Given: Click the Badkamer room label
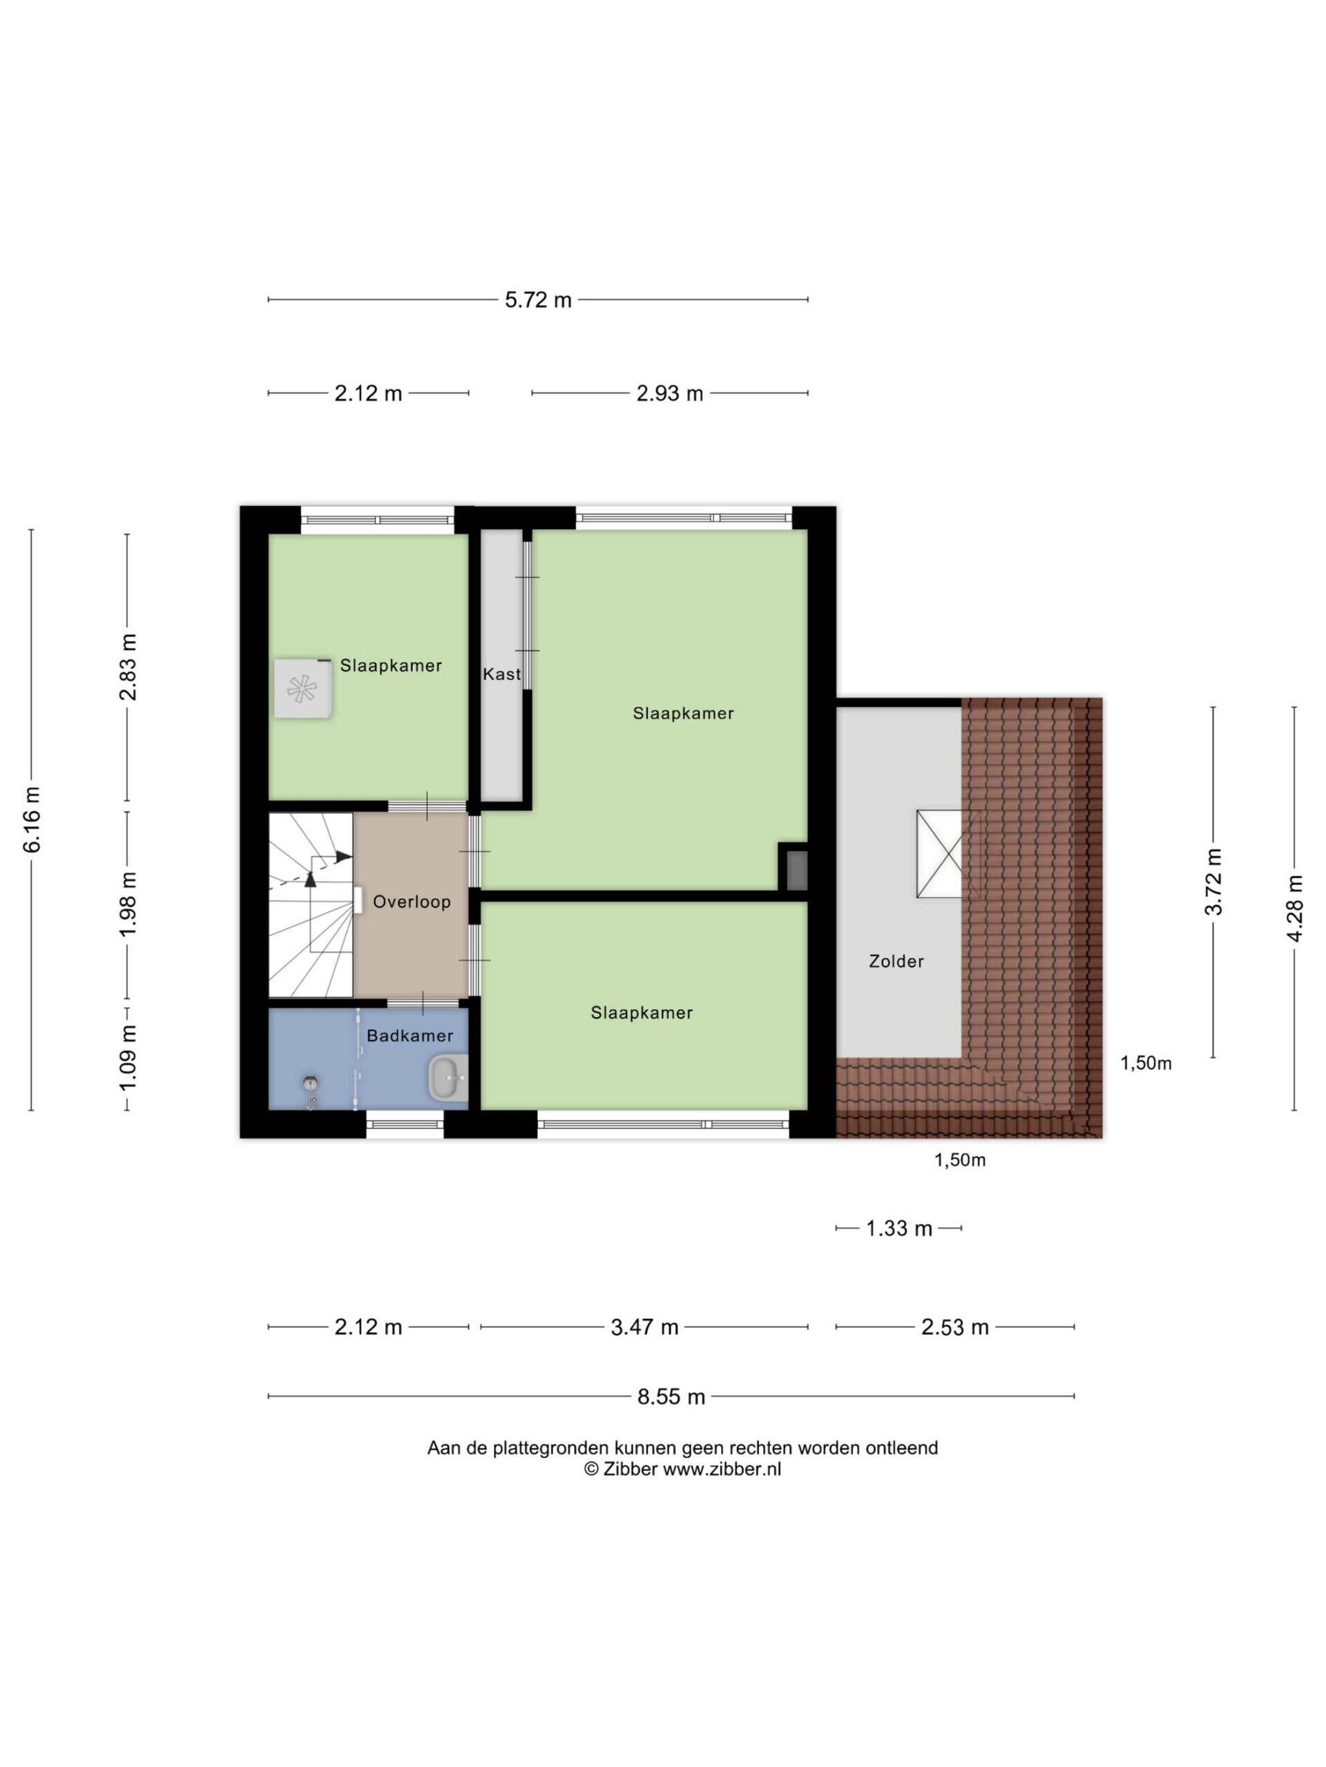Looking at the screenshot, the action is pyautogui.click(x=410, y=1035).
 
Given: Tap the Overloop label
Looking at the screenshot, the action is pyautogui.click(x=412, y=902).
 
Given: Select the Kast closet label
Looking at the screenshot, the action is pyautogui.click(x=502, y=674).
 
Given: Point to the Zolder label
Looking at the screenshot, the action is pyautogui.click(x=896, y=961).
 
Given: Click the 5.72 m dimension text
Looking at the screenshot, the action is pyautogui.click(x=538, y=300).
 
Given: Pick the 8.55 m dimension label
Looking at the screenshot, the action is pyautogui.click(x=671, y=1396).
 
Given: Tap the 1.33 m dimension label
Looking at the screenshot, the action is pyautogui.click(x=899, y=1228).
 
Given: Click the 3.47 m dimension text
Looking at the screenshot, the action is pyautogui.click(x=644, y=1327).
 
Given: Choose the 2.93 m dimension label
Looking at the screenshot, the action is pyautogui.click(x=670, y=393).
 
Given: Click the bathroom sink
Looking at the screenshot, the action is pyautogui.click(x=448, y=1077).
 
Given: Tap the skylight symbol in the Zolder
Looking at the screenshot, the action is pyautogui.click(x=948, y=854).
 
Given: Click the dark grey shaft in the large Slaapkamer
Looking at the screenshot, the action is pyautogui.click(x=797, y=870).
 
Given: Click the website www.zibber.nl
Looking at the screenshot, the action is pyautogui.click(x=722, y=1468).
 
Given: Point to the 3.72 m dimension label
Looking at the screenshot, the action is pyautogui.click(x=1213, y=882).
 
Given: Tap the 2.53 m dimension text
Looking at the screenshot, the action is pyautogui.click(x=954, y=1327).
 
